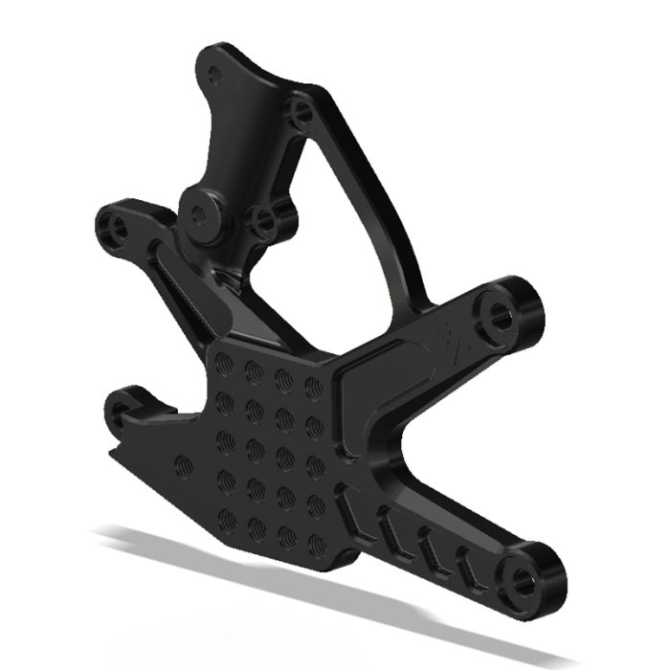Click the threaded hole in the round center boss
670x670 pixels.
click(x=199, y=214)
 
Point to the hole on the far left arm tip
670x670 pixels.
click(x=119, y=228)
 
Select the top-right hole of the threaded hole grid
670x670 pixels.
click(x=312, y=387)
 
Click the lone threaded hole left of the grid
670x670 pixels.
click(x=185, y=466)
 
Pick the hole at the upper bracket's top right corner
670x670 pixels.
click(x=302, y=113)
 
